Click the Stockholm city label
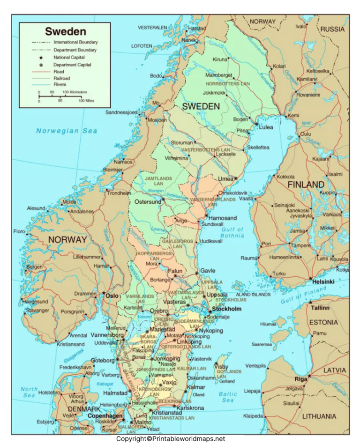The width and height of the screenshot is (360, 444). pyautogui.click(x=227, y=309)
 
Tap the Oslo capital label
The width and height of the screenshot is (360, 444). pyautogui.click(x=112, y=296)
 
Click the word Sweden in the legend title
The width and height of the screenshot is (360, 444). pyautogui.click(x=65, y=32)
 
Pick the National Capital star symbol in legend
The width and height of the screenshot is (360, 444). pyautogui.click(x=41, y=57)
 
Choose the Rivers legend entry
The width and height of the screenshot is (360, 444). pyautogui.click(x=60, y=85)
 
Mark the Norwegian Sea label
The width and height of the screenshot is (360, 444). pyautogui.click(x=67, y=131)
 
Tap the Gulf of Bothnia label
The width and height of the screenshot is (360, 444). pyautogui.click(x=233, y=233)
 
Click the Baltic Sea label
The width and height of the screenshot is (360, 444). pyautogui.click(x=228, y=397)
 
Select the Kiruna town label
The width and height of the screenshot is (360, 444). pyautogui.click(x=219, y=59)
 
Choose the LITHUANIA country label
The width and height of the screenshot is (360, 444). pyautogui.click(x=319, y=416)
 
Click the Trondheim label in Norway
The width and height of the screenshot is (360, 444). pyautogui.click(x=119, y=193)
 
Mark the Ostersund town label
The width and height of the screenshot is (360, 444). pyautogui.click(x=148, y=201)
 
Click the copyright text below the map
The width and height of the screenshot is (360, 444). pyautogui.click(x=171, y=439)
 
